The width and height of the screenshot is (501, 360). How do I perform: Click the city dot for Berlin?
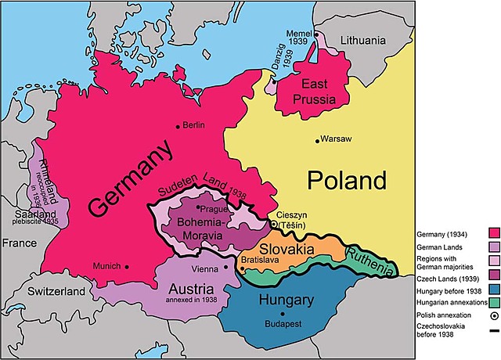coord(178,125)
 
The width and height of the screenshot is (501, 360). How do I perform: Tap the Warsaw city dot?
coord(317,141)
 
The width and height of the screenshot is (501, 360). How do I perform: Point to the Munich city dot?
coord(126,266)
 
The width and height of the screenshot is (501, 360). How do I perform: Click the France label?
coord(19,243)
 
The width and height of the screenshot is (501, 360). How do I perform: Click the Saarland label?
coord(31,214)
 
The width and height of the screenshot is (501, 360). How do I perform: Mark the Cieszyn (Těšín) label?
coord(293,221)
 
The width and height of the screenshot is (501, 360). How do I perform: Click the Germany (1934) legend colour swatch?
coord(493,232)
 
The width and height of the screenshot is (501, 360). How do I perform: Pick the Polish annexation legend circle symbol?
coord(493,316)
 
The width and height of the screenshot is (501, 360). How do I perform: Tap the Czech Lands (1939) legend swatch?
coord(493,274)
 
